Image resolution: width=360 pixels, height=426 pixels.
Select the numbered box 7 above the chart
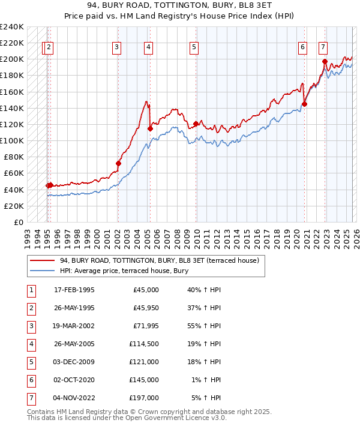323,47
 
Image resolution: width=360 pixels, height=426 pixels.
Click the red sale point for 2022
325,61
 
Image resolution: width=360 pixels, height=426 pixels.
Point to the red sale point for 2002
118,163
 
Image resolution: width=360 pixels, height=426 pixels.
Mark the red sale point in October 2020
304,104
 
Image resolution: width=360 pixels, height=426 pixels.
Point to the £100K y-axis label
11,140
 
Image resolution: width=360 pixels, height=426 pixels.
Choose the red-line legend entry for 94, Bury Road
159,260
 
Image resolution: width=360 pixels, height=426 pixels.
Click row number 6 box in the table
30,379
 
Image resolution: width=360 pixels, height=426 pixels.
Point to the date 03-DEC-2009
74,362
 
